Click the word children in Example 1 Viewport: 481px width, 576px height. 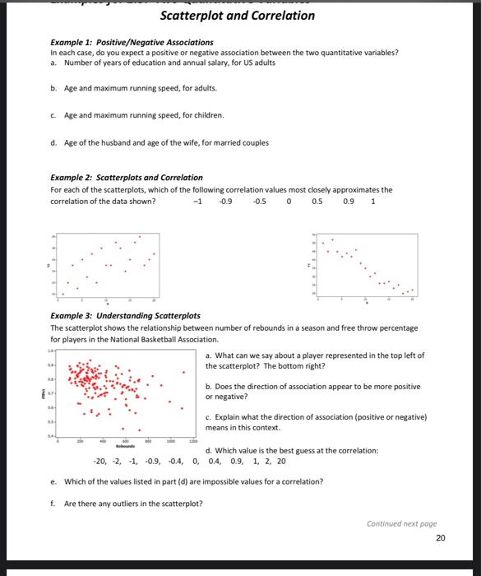point(206,115)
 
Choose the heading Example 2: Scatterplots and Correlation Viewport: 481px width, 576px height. point(127,177)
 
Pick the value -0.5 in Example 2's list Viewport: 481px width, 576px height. point(259,200)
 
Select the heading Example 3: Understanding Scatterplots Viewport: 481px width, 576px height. point(125,316)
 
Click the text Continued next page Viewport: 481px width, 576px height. point(401,523)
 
